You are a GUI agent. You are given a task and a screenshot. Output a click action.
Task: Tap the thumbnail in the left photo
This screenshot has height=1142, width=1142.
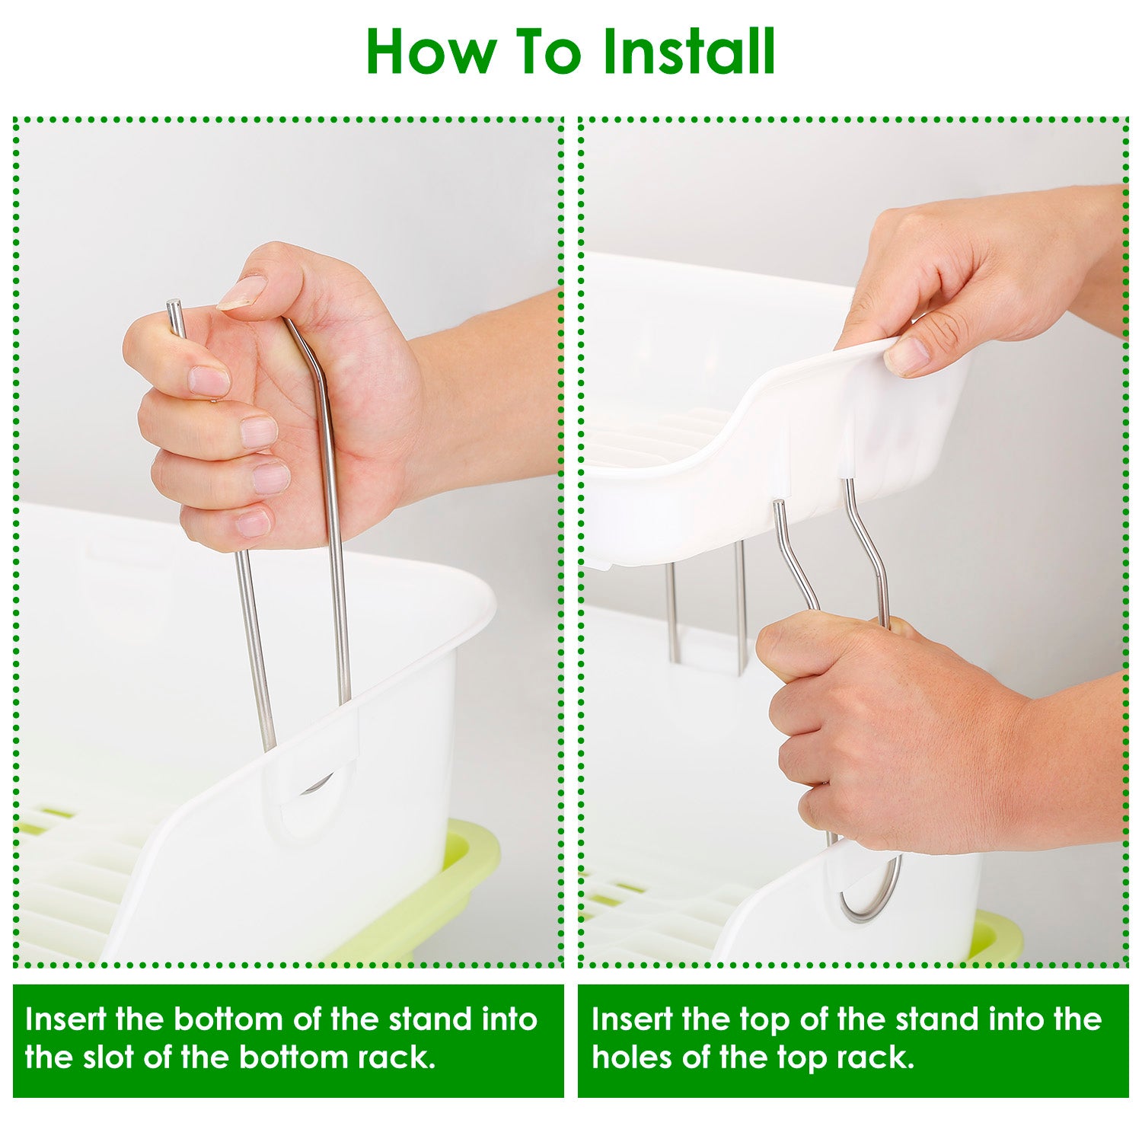(242, 292)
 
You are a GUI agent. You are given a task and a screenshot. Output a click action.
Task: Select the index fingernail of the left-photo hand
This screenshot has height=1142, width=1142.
(209, 380)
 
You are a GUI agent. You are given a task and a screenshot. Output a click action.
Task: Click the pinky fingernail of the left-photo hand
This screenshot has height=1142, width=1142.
(253, 524)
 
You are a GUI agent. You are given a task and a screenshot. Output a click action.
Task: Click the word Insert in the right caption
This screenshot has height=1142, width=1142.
(631, 1019)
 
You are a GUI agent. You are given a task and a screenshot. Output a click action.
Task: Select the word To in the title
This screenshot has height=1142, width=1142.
(547, 52)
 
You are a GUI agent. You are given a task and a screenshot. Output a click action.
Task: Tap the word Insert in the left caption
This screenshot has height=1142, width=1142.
(65, 1019)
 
